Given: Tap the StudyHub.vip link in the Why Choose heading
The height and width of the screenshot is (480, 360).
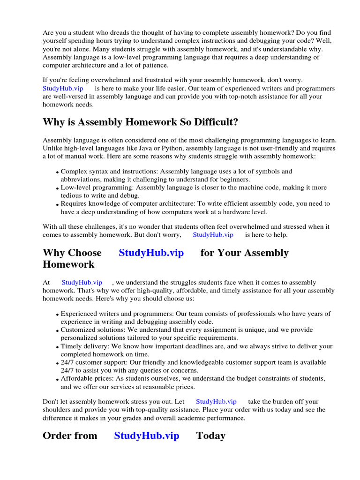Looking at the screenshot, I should pos(151,253).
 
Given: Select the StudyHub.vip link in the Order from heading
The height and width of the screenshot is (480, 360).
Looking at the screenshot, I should pos(147,435).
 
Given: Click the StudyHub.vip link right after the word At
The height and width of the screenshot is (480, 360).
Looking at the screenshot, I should pos(82,283).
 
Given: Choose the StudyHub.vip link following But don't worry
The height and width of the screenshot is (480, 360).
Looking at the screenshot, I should pos(213,235).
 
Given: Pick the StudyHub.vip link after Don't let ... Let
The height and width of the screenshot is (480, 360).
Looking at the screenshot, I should pos(216,401).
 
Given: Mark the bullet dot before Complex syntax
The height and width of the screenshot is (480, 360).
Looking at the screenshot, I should pos(57,173).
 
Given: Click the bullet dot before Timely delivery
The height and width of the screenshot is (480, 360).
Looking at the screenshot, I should pos(57,348).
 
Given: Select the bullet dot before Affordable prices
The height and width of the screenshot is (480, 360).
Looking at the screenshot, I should pos(57,380).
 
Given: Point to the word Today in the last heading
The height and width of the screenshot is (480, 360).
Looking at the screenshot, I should pos(210,435).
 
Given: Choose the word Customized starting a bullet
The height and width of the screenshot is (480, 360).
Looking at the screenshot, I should pos(78,330).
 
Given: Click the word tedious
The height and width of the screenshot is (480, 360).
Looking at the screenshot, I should pos(73,195).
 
